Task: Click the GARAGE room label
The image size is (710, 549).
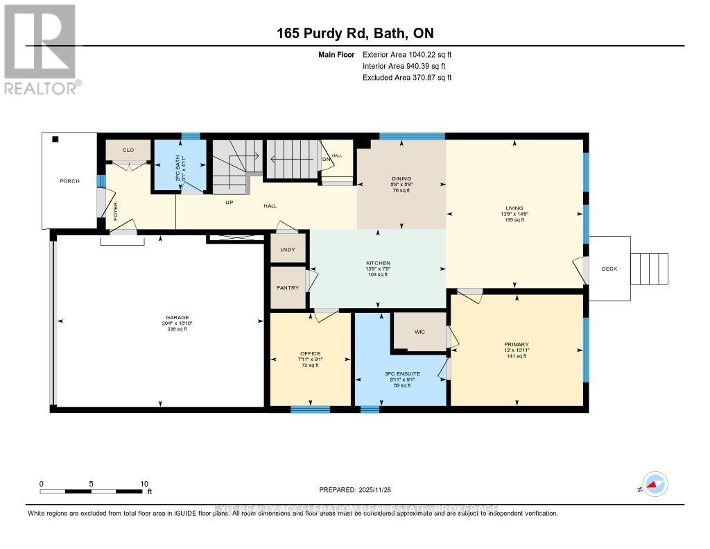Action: click(163, 317)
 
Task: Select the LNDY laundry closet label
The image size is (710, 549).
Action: click(288, 250)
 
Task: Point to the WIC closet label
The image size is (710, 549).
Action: click(419, 332)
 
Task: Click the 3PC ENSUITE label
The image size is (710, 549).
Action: click(399, 373)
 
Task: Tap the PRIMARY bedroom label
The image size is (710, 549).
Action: click(517, 344)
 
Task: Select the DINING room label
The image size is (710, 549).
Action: click(402, 179)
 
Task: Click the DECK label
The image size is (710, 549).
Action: click(609, 269)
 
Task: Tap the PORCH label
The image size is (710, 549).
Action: click(69, 181)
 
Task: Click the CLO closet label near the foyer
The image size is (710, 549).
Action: click(128, 150)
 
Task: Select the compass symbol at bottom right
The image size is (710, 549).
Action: click(654, 484)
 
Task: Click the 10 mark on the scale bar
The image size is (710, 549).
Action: click(144, 484)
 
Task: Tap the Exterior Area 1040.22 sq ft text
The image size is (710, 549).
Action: click(407, 54)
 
